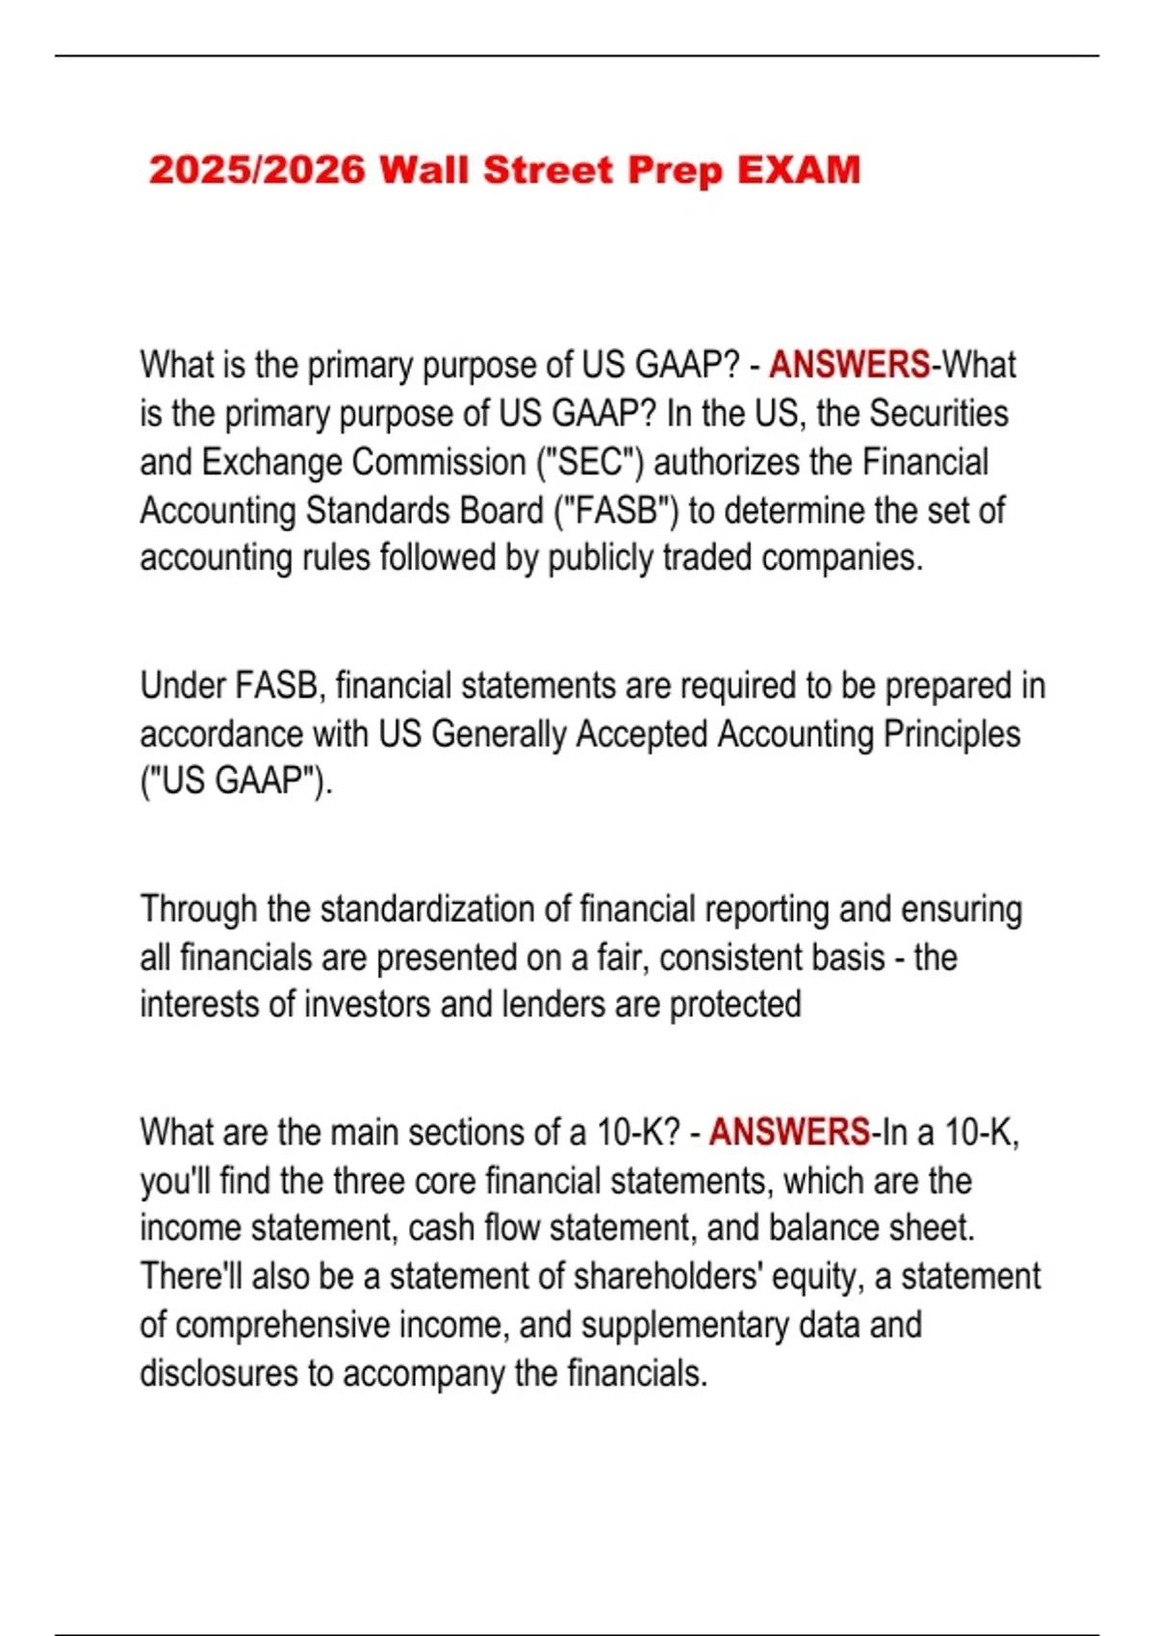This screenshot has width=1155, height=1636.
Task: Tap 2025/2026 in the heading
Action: (257, 170)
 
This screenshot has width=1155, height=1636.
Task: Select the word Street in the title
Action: (548, 170)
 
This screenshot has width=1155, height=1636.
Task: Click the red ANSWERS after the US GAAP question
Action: (849, 365)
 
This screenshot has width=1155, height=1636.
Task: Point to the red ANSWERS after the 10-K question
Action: (789, 1132)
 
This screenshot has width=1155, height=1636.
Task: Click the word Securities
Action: (938, 413)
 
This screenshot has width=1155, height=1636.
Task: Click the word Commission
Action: (442, 462)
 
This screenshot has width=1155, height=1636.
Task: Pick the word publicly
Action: (600, 558)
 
